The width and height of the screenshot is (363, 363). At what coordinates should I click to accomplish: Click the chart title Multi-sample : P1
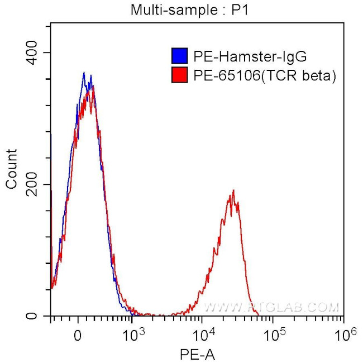181,9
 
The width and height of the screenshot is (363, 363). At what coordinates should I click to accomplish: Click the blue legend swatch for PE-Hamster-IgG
179,56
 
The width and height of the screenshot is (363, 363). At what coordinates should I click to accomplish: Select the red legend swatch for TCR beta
179,75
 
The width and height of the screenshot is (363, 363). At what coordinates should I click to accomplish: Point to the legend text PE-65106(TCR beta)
264,75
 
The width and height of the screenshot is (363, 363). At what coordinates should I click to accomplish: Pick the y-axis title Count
12,169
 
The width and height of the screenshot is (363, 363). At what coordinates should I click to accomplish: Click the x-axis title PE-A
197,354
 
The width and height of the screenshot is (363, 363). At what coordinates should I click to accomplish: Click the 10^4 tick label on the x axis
203,335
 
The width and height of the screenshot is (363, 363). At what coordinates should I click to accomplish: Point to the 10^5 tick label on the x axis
274,335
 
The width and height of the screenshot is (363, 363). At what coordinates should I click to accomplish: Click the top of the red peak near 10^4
233,190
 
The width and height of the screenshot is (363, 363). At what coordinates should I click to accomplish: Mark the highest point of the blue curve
84,73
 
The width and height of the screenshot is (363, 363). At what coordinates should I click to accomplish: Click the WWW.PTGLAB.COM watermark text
272,307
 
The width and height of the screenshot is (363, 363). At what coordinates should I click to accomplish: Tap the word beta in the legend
320,75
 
